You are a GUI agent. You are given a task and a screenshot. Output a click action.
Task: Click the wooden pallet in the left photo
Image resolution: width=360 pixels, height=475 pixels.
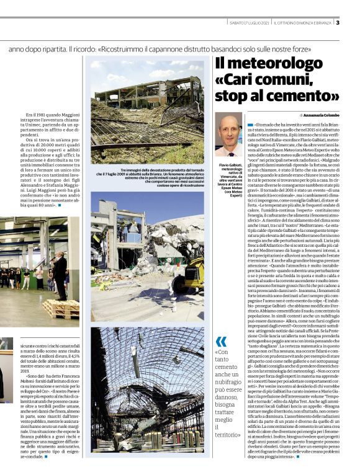(60, 308)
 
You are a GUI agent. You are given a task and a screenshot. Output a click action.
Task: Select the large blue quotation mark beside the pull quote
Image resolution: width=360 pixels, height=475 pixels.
(222, 342)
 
